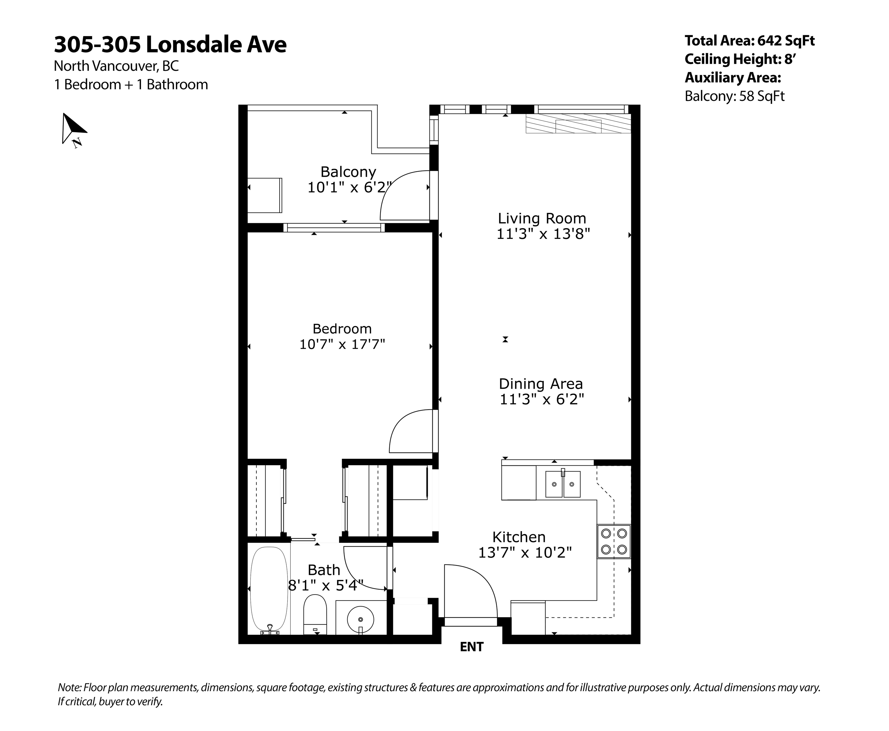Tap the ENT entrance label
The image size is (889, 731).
coord(472,647)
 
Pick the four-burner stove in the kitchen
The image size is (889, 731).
coord(614,542)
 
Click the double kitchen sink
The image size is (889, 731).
coord(563,484)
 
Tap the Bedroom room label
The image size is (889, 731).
coord(342,328)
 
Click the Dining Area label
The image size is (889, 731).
coord(541,384)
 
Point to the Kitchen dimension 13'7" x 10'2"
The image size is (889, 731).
coord(525,552)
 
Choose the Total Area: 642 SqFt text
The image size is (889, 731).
coord(750,41)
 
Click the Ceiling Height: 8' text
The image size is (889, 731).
coord(740,59)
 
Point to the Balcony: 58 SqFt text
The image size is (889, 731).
coord(734,96)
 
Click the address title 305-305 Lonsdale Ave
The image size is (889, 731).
coord(170,45)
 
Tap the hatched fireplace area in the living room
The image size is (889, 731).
coord(578,124)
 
